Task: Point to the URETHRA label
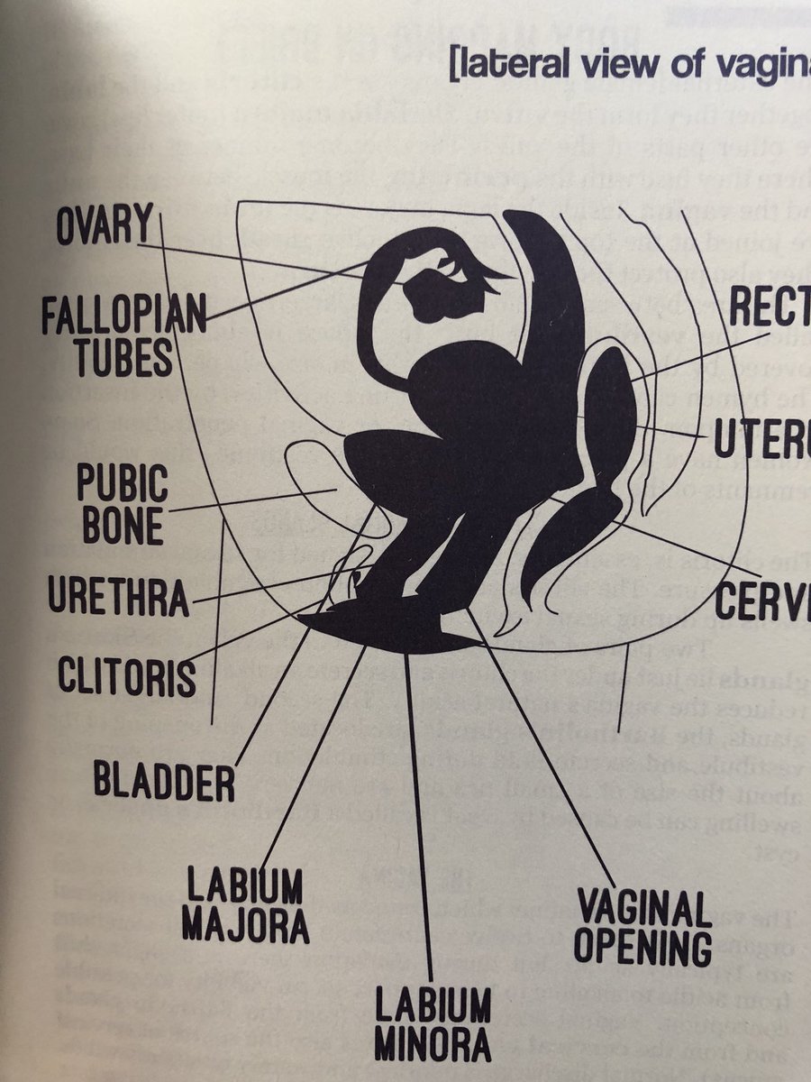pyautogui.click(x=117, y=598)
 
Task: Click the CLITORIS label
pyautogui.click(x=126, y=676)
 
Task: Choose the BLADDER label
pyautogui.click(x=163, y=782)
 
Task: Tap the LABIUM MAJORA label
pyautogui.click(x=244, y=904)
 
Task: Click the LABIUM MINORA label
pyautogui.click(x=433, y=1023)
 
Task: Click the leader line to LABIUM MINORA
pyautogui.click(x=420, y=811)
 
